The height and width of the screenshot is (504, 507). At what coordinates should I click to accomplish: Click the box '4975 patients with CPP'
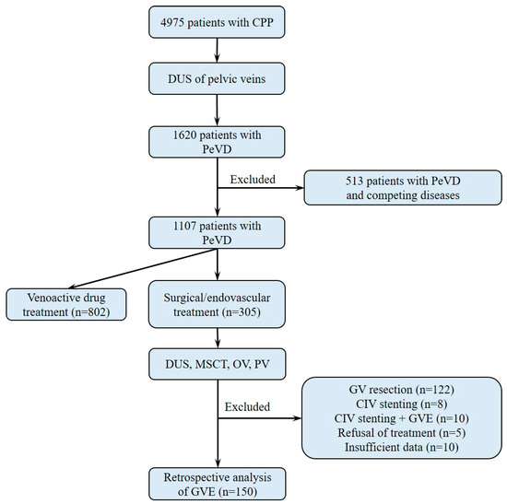pos(218,22)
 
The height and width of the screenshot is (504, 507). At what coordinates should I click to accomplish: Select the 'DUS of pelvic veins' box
pos(218,84)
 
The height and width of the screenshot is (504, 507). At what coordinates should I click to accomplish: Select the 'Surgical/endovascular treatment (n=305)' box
pos(218,301)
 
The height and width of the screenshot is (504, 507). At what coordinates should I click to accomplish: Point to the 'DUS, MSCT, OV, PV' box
pos(218,366)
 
